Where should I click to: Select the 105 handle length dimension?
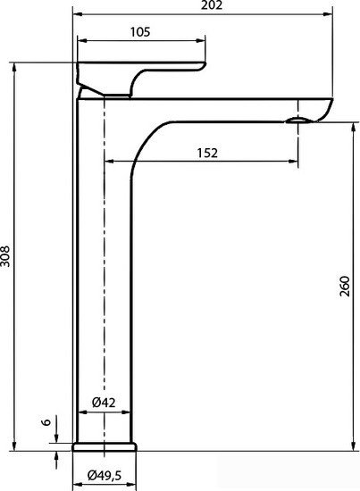click(139, 31)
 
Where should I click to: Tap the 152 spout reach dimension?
click(206, 153)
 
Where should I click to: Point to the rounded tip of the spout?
click(326, 109)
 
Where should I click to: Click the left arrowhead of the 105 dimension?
click(80, 40)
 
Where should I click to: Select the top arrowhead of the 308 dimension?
click(15, 64)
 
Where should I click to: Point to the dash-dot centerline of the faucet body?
click(105, 268)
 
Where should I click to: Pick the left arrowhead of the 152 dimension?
click(108, 162)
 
